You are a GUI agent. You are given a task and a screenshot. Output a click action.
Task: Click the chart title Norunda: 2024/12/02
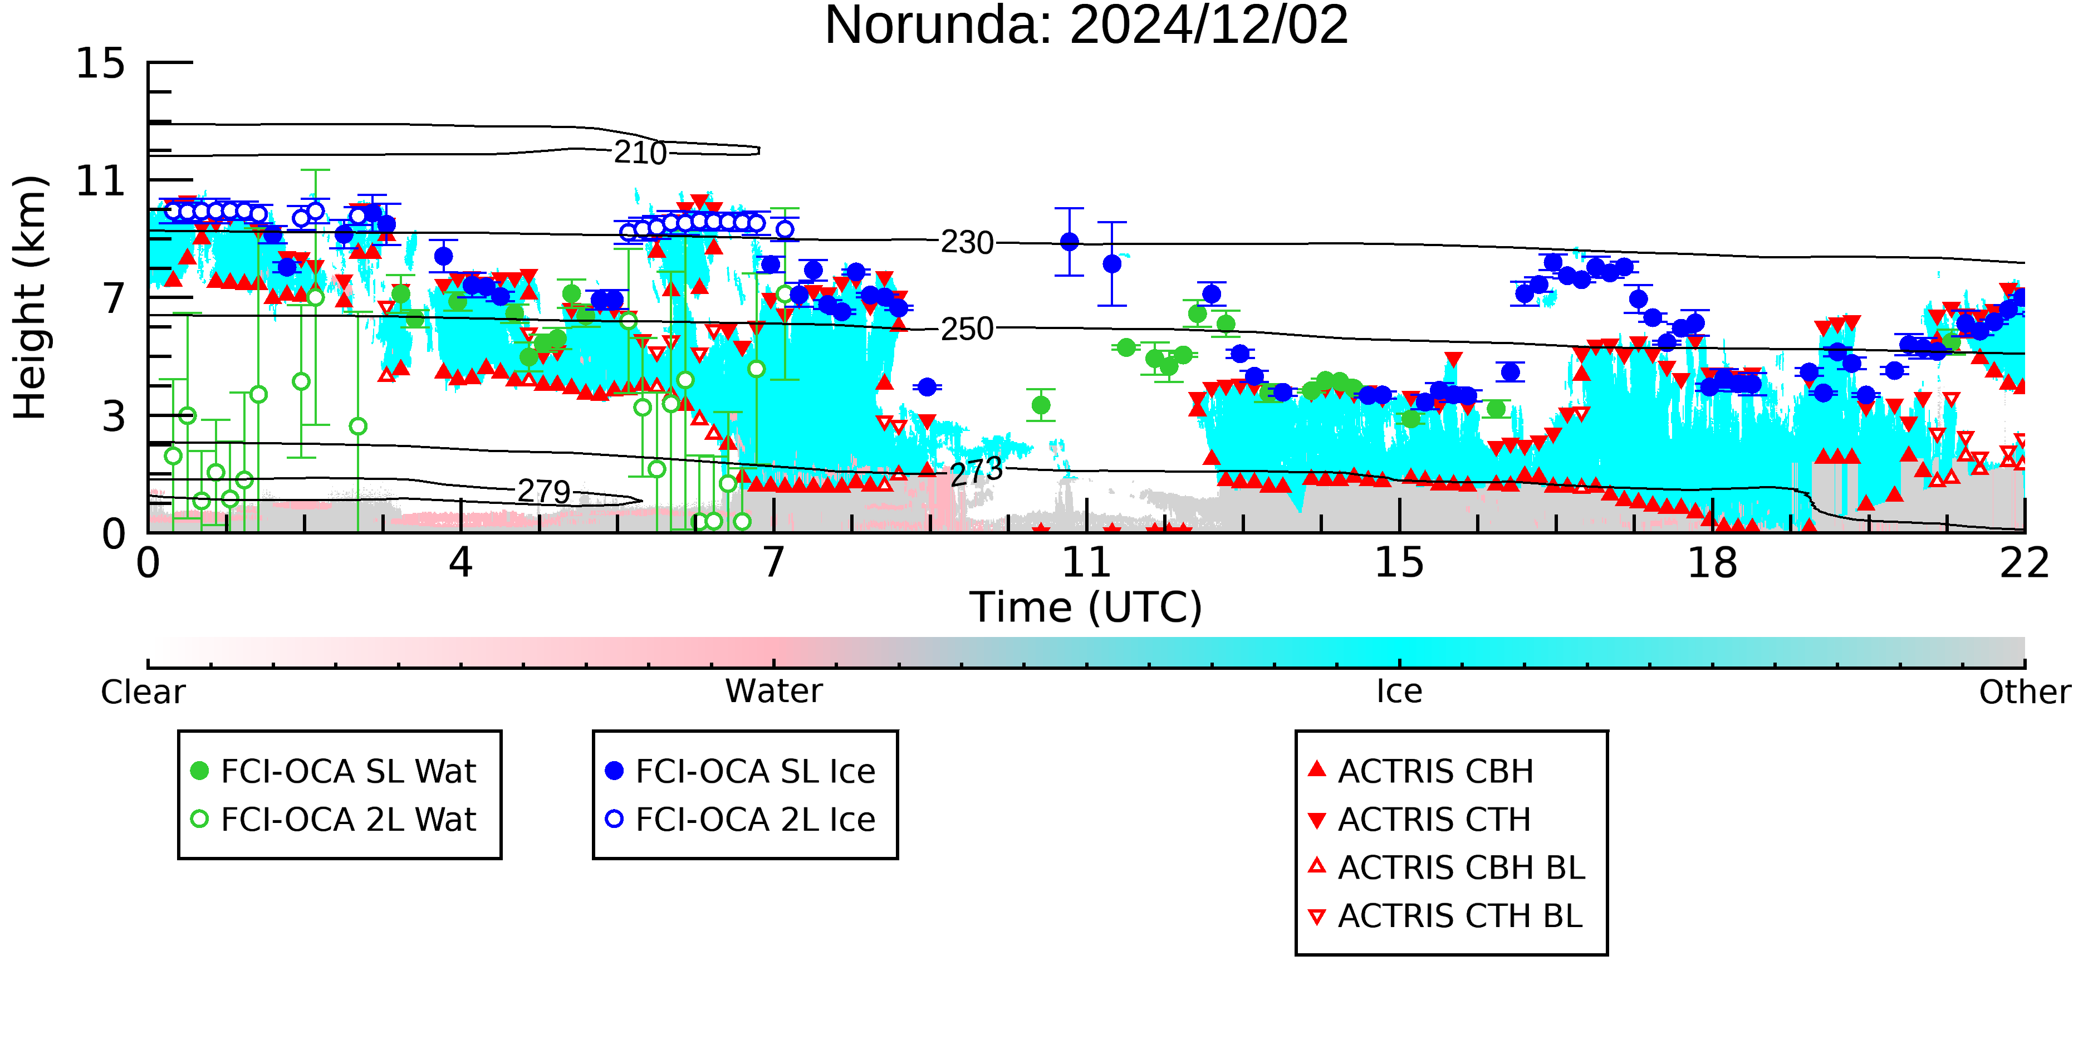click(x=1086, y=26)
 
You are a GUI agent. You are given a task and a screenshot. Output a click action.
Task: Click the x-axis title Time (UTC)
click(x=1086, y=607)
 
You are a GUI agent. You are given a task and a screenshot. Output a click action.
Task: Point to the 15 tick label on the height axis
click(x=101, y=63)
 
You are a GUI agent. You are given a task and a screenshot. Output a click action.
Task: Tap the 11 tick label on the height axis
click(x=101, y=181)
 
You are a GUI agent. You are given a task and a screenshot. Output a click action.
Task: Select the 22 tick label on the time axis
click(x=2025, y=563)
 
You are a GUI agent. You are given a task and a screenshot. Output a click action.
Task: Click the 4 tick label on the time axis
click(x=460, y=563)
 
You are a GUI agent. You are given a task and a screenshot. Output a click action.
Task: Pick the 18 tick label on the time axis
click(x=1712, y=563)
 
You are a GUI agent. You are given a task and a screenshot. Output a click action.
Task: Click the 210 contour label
click(x=640, y=153)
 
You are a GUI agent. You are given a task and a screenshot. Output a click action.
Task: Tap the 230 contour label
click(x=967, y=242)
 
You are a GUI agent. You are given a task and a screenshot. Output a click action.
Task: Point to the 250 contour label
click(x=967, y=329)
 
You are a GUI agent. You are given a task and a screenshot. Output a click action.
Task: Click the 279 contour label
click(x=544, y=491)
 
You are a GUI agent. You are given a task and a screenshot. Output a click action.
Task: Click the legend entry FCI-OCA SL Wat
click(x=332, y=771)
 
